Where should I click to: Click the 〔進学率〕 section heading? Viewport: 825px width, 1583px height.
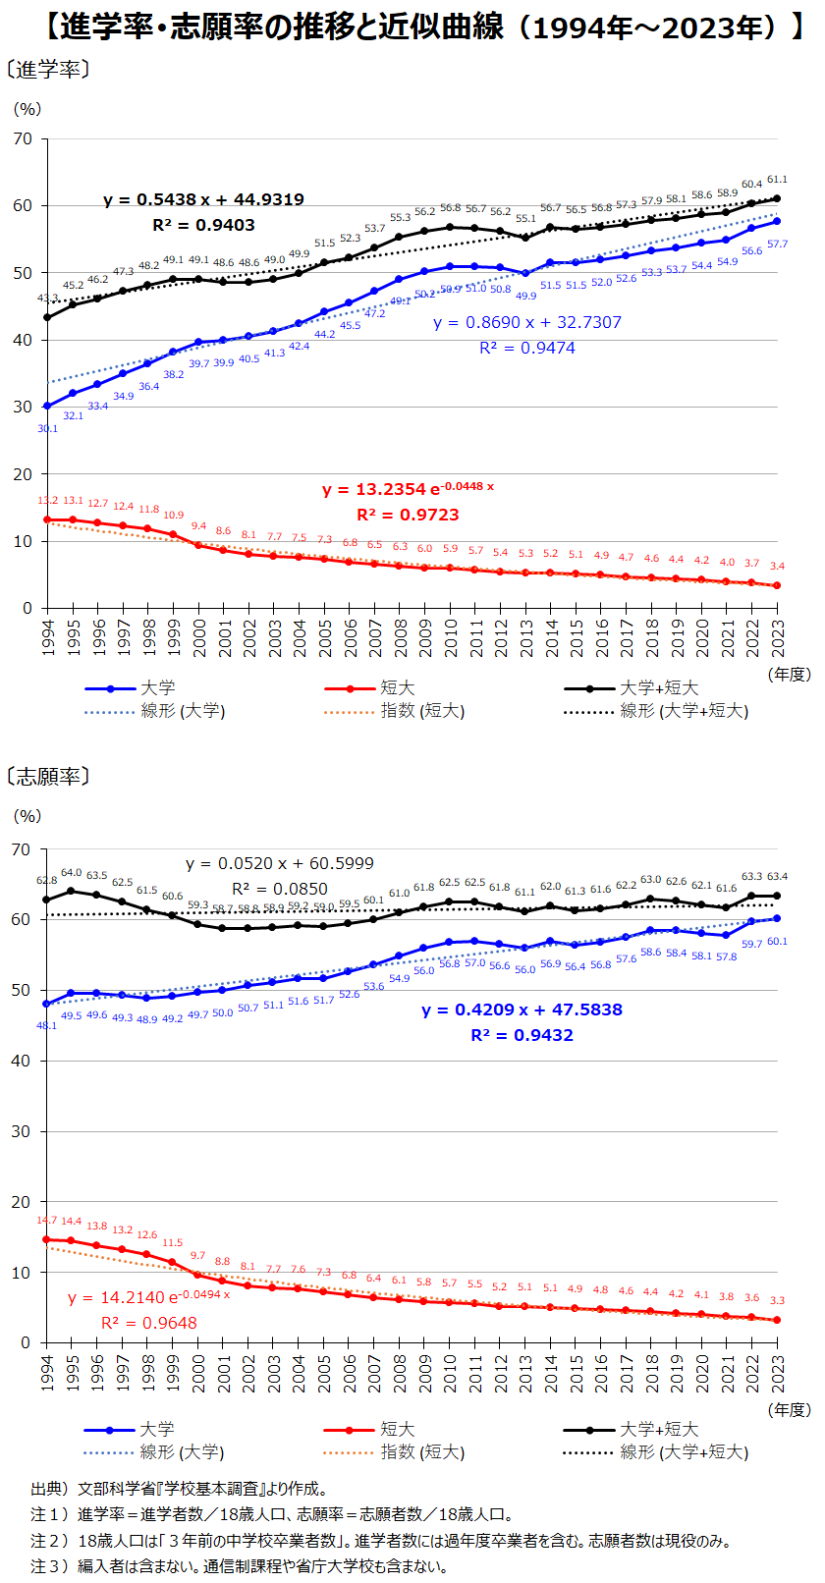[49, 70]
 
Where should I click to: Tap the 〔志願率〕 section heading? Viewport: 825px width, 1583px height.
[49, 777]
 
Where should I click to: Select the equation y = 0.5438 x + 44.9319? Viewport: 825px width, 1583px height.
[203, 199]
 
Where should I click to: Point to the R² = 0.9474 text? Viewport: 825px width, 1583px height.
[527, 348]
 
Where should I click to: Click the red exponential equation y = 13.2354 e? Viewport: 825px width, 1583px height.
[408, 489]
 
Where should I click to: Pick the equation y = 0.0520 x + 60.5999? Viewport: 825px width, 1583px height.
[280, 863]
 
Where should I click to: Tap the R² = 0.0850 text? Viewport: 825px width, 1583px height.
[280, 889]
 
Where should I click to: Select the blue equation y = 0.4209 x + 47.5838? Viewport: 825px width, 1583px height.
[522, 1010]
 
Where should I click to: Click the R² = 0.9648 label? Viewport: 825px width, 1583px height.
[149, 1323]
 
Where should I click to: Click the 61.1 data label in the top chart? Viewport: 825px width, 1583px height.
[777, 180]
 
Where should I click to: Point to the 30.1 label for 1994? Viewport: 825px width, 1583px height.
[48, 428]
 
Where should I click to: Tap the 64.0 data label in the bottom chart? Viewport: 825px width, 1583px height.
[72, 873]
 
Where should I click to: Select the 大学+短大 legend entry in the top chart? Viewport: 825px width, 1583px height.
[658, 688]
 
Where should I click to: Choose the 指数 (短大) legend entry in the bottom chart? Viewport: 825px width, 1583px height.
[422, 1452]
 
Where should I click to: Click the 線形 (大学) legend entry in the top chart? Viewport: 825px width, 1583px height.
[183, 711]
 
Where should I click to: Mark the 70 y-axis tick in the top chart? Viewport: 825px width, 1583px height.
[23, 139]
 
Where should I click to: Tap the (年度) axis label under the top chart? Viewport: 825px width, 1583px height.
[790, 675]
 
